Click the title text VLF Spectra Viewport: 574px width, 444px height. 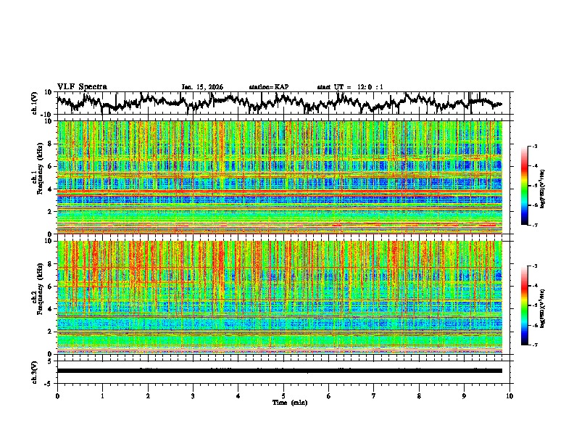[x=82, y=86]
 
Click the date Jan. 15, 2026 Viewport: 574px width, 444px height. [x=202, y=87]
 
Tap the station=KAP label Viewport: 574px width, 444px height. [x=268, y=87]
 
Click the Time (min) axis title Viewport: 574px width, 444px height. [x=283, y=402]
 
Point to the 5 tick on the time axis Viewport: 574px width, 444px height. [x=283, y=395]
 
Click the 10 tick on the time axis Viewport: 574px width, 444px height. [x=509, y=395]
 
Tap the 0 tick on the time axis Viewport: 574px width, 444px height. [x=57, y=395]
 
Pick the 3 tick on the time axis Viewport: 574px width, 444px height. [x=193, y=395]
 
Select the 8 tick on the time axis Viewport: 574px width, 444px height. [x=419, y=395]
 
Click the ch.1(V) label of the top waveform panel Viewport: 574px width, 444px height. [x=36, y=103]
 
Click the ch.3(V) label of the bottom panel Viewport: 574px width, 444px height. [x=36, y=371]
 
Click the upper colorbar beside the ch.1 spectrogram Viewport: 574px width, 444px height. [x=533, y=186]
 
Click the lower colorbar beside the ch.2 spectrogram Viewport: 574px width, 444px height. [x=533, y=305]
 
